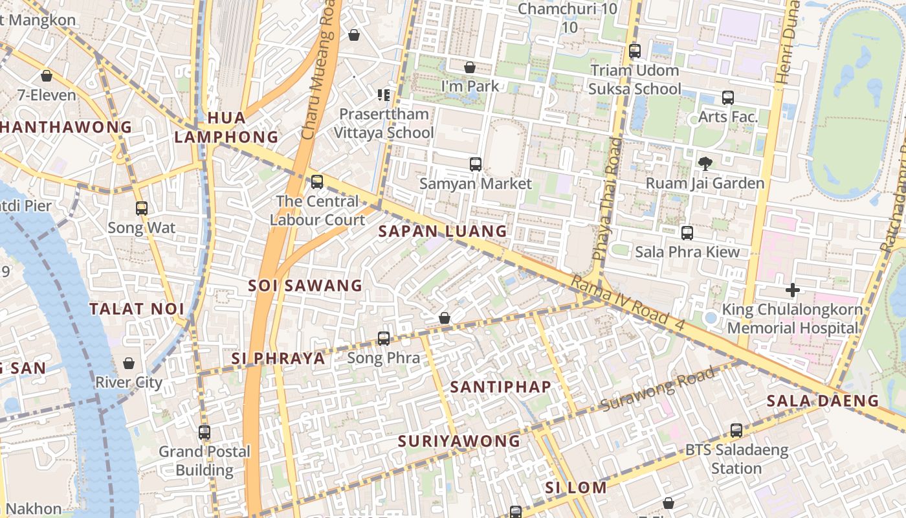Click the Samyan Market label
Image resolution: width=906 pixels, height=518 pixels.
(x=475, y=184)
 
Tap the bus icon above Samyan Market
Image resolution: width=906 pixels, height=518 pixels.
(x=476, y=164)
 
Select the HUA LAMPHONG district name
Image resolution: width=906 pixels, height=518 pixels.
(x=226, y=128)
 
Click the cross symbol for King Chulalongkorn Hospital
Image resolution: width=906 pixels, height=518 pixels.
(x=793, y=290)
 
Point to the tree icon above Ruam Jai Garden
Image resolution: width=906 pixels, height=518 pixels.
(x=705, y=164)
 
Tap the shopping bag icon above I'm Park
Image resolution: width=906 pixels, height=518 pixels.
(x=470, y=67)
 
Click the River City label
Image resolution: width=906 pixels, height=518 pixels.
(x=129, y=382)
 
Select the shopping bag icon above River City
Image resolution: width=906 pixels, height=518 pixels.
(x=129, y=363)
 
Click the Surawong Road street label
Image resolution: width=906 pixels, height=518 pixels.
(x=658, y=389)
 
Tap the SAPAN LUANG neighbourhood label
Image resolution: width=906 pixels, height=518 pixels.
(x=443, y=231)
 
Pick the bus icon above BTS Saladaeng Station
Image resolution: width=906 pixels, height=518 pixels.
(x=736, y=430)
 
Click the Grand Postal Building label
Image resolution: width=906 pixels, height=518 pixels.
(x=204, y=460)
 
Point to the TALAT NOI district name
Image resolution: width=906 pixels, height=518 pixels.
(x=137, y=309)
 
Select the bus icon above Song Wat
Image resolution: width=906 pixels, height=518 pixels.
(x=142, y=208)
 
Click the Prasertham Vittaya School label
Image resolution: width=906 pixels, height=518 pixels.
(x=384, y=123)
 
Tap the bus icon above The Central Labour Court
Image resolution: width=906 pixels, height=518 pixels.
(x=317, y=182)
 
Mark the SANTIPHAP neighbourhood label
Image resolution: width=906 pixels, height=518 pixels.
(x=501, y=387)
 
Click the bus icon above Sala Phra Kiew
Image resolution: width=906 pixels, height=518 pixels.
(x=687, y=232)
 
